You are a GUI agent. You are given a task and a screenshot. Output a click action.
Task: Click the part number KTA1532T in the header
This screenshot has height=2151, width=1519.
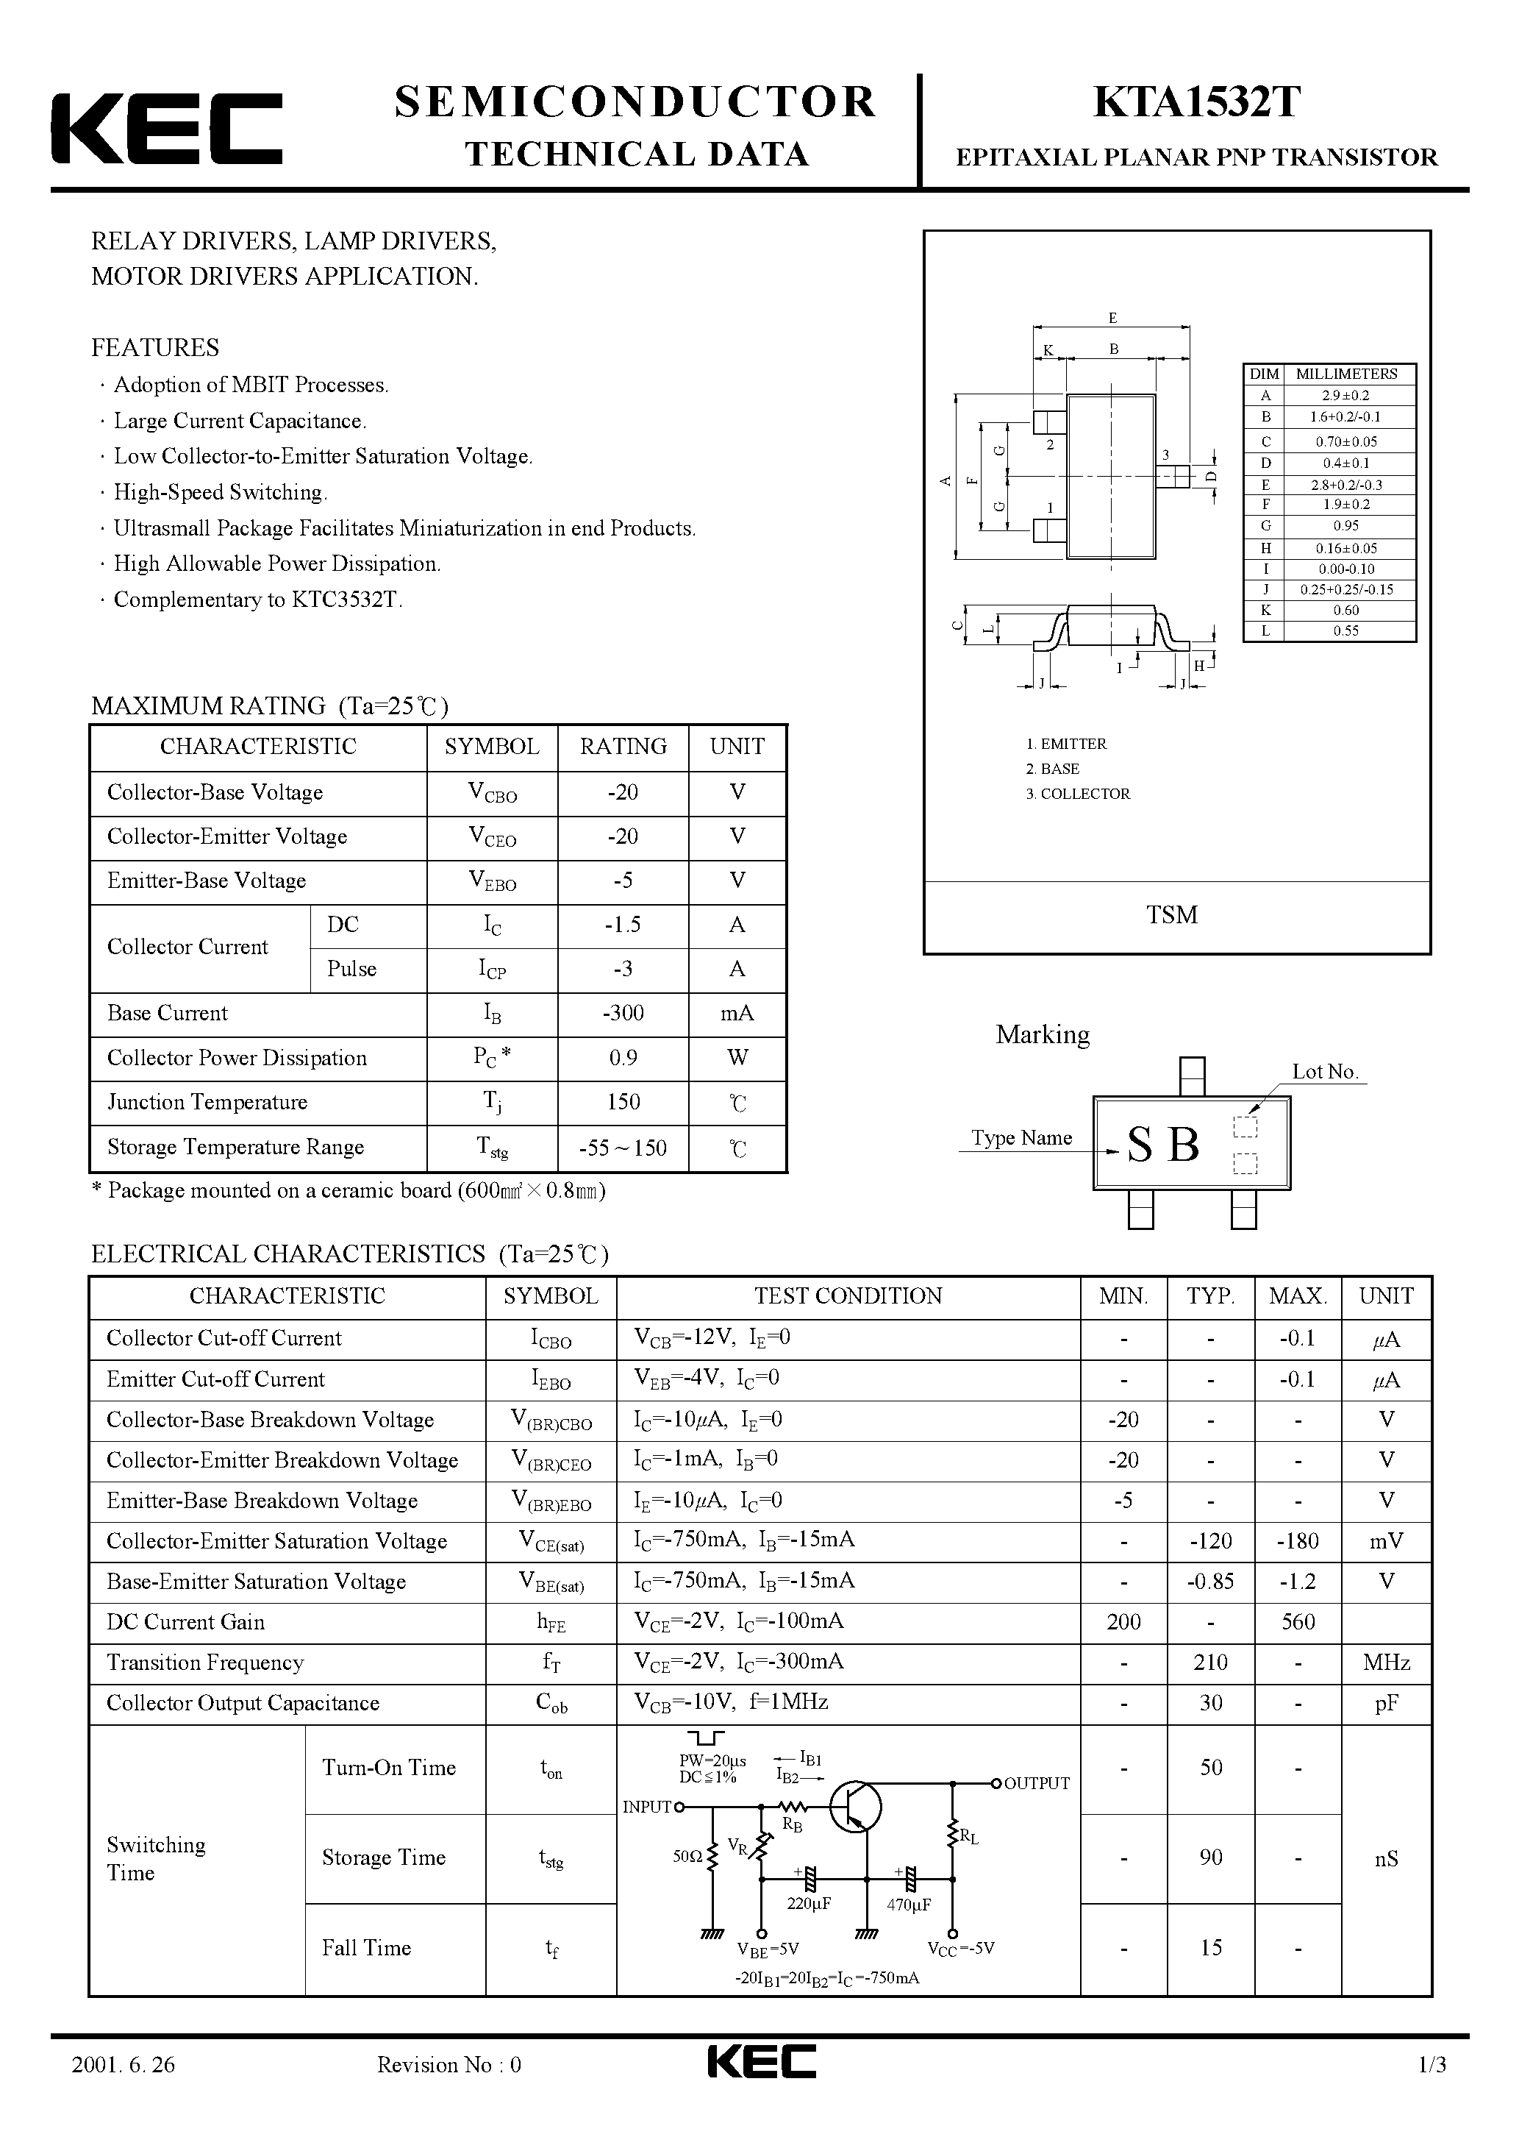1196,103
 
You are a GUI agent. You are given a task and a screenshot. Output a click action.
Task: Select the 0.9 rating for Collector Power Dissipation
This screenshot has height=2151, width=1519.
623,1058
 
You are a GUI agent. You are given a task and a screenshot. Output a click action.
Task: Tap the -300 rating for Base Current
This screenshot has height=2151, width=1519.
623,1013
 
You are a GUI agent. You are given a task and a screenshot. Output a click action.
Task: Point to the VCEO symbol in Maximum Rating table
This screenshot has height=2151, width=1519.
492,836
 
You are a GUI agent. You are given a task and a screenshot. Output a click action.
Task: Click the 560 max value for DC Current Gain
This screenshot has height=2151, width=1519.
1298,1621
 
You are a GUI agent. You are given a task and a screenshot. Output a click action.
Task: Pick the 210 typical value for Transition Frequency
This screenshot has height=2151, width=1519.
1210,1662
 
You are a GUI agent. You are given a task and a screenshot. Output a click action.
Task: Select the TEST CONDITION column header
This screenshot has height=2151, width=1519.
848,1295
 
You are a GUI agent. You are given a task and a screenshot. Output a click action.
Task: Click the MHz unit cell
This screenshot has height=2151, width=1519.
1386,1662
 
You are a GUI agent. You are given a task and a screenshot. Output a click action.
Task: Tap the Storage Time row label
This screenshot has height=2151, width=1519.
384,1857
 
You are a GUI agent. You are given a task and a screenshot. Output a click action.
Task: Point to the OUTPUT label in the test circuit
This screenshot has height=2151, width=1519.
1036,1783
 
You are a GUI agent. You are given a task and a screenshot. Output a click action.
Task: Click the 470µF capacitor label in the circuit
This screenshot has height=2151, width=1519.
907,1905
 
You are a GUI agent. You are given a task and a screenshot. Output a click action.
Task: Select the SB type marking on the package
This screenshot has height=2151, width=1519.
1163,1144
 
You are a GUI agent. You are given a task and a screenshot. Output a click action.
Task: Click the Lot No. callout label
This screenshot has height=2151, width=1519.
1324,1072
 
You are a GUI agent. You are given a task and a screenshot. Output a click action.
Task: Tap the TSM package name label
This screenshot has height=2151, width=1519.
1171,914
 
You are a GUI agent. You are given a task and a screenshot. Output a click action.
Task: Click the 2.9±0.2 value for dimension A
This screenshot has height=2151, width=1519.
1345,395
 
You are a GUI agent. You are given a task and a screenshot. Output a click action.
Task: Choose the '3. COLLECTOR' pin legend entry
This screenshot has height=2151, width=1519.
1078,794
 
